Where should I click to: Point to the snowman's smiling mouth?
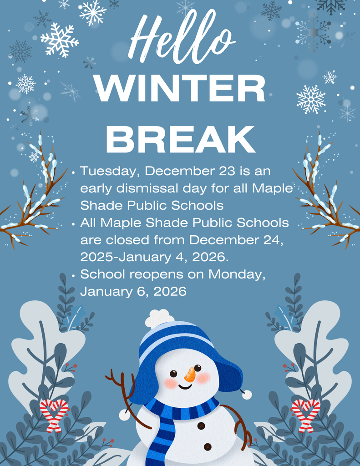coord(184,387)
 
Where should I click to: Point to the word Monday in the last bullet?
coord(236,274)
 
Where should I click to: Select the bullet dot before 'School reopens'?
coord(73,275)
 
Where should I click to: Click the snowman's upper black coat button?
coord(201,425)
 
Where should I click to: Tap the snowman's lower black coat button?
coord(208,446)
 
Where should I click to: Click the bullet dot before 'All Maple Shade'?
coord(73,223)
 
